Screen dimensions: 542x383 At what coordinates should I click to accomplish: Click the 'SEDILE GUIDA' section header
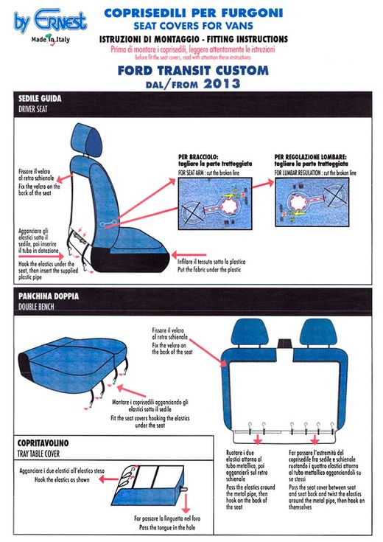point(40,98)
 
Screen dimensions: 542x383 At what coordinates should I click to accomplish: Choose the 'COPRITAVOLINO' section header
point(44,442)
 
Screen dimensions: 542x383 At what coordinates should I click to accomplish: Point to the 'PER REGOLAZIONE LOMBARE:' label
point(310,157)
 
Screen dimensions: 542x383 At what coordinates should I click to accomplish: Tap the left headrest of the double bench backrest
point(251,333)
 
